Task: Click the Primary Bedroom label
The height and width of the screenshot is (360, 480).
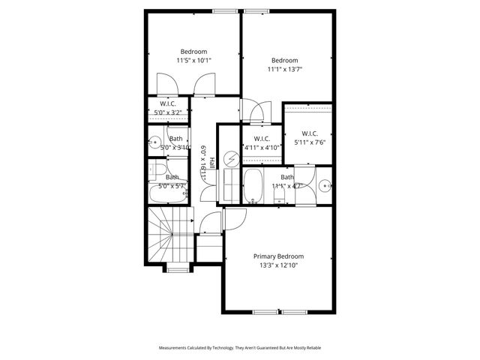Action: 283,256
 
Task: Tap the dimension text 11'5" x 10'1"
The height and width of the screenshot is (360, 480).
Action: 193,60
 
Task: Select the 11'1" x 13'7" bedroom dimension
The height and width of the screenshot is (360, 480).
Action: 284,69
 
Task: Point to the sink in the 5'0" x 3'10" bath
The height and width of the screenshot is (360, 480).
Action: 155,140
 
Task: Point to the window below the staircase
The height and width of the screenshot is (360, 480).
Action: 177,268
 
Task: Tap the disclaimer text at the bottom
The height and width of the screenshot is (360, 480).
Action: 240,348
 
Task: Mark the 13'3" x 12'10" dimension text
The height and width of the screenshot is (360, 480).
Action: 283,265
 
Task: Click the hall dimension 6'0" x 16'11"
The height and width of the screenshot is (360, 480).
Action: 202,163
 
